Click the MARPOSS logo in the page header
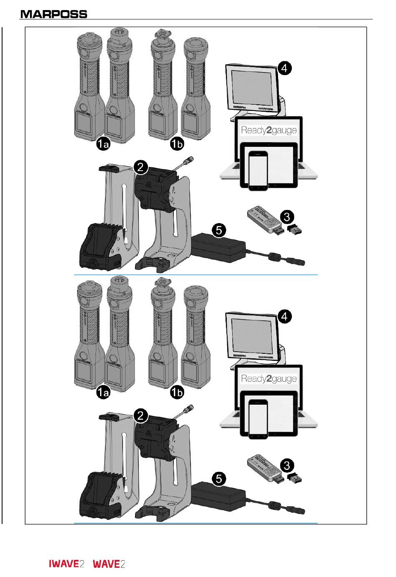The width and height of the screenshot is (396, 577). point(54,14)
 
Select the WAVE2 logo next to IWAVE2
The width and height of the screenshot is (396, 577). point(109,564)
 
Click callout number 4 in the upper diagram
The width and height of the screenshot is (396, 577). point(284,68)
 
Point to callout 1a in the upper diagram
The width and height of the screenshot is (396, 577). point(103,144)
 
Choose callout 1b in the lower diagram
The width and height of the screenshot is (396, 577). point(177,393)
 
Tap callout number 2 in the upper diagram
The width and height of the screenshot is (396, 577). point(141,167)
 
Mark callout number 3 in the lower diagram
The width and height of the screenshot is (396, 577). point(287,465)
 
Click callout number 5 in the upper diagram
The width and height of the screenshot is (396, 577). point(219,230)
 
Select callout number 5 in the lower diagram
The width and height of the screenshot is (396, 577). point(219,479)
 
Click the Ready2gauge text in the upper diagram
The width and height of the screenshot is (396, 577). point(269,130)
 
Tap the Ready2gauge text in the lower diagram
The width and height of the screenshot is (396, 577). point(269,379)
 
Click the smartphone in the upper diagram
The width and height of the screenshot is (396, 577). point(259,171)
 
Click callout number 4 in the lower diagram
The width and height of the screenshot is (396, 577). point(284,317)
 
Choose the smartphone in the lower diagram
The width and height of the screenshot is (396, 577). point(259,419)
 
